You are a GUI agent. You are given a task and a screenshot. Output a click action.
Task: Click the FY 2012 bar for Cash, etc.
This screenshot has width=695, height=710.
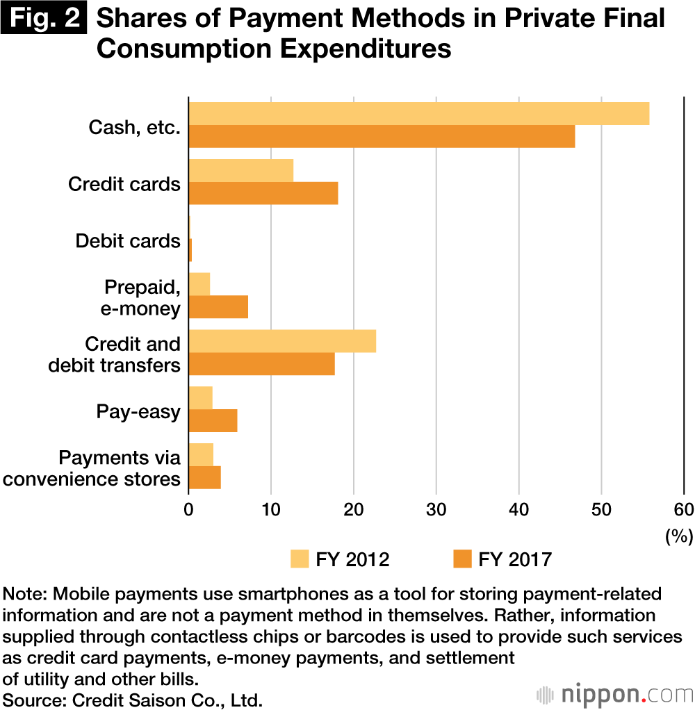point(418,114)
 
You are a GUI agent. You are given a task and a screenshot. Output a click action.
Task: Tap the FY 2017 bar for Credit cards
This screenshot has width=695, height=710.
point(263,193)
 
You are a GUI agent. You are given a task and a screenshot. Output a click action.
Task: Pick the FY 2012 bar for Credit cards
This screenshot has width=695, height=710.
point(240,171)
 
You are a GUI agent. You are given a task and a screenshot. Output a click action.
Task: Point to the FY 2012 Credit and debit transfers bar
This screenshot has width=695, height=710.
point(282,342)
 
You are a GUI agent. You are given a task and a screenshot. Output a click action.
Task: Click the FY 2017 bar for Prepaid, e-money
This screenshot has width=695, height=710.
point(218,307)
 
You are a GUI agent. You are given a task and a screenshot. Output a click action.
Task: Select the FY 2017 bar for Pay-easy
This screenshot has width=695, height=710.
point(213,421)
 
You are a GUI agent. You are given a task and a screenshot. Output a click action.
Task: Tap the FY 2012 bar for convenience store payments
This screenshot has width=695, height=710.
point(201,455)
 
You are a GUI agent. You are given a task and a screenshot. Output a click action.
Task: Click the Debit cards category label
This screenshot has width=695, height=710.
point(128,241)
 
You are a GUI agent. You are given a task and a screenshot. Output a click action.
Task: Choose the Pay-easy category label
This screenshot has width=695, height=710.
point(138,412)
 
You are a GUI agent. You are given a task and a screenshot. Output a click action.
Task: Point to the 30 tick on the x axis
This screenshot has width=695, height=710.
point(436,509)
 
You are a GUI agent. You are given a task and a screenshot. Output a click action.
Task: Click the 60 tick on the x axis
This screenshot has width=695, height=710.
point(684,509)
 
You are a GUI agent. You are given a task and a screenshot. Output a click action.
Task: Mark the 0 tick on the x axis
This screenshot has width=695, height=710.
point(188,509)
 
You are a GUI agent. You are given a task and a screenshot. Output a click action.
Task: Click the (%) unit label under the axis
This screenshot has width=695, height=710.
point(679,535)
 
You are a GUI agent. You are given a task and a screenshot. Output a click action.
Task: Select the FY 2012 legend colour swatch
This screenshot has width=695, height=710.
point(300,559)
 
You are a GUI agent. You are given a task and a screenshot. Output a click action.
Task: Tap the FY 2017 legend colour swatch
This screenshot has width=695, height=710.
point(461,559)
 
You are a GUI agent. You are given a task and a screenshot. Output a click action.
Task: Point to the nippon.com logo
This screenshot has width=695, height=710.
point(614,694)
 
